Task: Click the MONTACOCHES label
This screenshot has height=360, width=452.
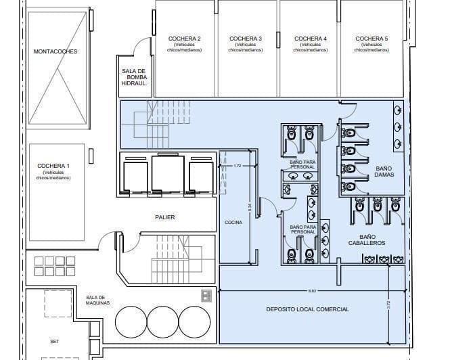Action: [55, 51]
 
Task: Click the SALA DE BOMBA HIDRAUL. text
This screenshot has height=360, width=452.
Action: [134, 76]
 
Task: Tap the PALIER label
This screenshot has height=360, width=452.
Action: [164, 217]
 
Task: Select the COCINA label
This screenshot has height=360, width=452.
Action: [234, 222]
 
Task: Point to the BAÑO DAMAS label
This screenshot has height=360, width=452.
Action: [384, 171]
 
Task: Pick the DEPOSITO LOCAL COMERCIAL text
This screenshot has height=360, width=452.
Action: [308, 309]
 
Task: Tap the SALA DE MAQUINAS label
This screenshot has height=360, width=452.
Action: [95, 300]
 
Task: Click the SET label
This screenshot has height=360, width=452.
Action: [55, 342]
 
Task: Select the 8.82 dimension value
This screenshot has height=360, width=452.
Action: [312, 291]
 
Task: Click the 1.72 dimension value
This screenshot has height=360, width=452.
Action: [237, 166]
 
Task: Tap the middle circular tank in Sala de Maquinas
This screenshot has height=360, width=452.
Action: [162, 323]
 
